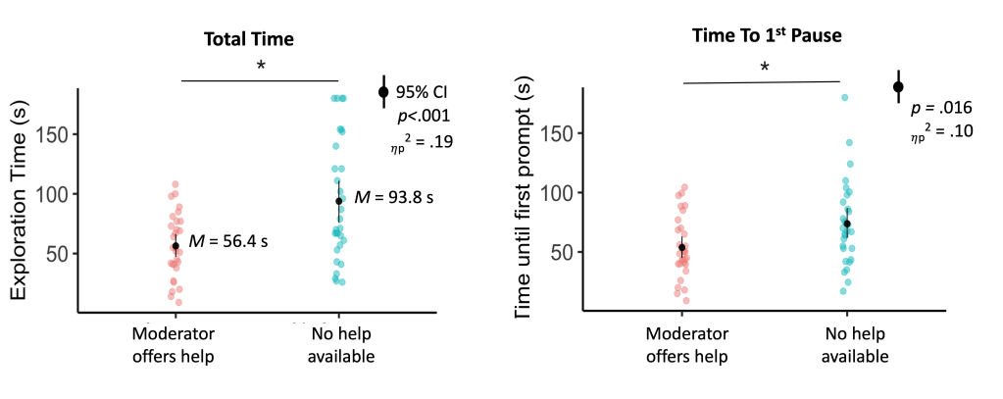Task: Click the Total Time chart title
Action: tap(249, 39)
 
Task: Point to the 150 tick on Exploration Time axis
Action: tap(55, 134)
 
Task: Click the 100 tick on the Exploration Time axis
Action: tap(55, 194)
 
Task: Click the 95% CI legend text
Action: tap(422, 93)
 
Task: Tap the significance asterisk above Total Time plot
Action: tap(261, 66)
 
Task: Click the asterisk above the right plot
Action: tap(764, 67)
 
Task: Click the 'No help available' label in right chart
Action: tap(845, 345)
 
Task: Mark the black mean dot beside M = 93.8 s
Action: tap(339, 201)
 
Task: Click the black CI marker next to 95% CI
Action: tap(383, 92)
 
